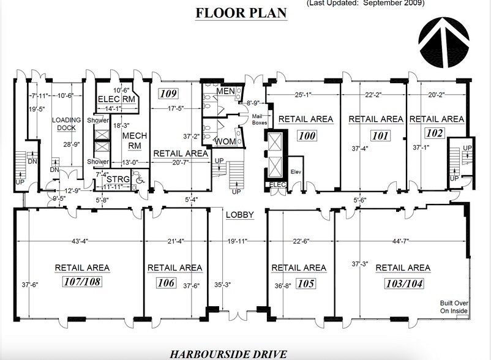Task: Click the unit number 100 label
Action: [x=305, y=135]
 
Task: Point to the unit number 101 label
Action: [x=380, y=135]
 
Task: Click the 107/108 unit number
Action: [x=82, y=283]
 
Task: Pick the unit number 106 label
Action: [x=166, y=283]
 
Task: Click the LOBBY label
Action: [x=236, y=216]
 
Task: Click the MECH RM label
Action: [x=132, y=141]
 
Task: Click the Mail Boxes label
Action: [x=260, y=119]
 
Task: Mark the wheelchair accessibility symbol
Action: [x=139, y=180]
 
